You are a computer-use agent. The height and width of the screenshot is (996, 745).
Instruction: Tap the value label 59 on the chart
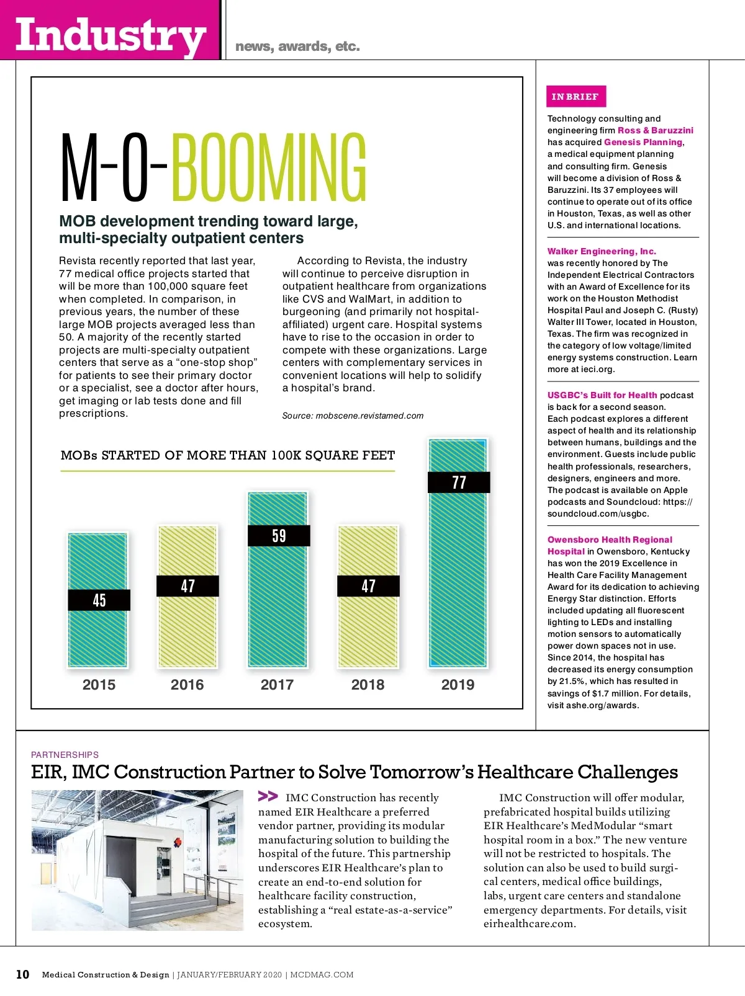tap(279, 536)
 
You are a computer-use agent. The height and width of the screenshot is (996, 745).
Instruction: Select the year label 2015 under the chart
tap(99, 685)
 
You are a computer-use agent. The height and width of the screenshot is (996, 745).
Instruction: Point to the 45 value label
tap(99, 600)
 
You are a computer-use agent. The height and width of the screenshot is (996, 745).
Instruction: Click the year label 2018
tap(368, 685)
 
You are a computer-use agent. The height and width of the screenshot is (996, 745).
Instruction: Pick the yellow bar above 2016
tap(187, 626)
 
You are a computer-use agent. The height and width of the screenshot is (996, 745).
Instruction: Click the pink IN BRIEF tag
tap(576, 97)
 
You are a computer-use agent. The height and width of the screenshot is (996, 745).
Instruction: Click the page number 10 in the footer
tap(22, 974)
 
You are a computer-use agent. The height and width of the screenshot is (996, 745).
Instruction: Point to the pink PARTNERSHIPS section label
tap(65, 755)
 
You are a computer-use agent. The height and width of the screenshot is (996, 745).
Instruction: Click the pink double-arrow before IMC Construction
tap(268, 796)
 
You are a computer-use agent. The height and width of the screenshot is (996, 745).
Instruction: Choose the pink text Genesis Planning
tap(643, 142)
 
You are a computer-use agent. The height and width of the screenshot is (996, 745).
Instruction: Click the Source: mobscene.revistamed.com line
tap(353, 416)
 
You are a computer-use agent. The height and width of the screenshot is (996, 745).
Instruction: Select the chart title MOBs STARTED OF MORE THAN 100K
tap(228, 455)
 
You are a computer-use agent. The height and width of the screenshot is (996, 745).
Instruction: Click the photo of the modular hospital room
tap(137, 860)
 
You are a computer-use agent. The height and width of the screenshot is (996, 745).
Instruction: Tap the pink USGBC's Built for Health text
tap(602, 395)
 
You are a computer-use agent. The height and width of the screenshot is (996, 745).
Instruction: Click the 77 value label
tap(459, 482)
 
